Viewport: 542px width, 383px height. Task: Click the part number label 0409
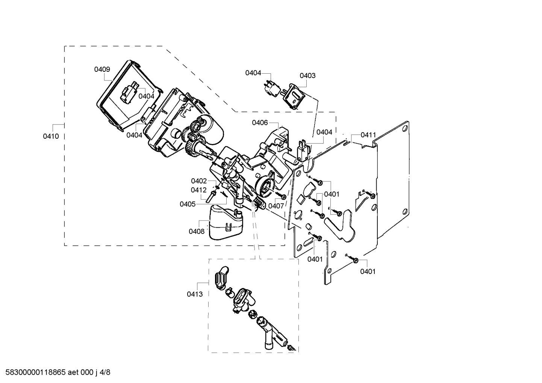[x=102, y=69]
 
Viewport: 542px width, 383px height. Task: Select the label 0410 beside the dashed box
[x=51, y=136]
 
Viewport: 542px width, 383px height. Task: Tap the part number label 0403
[x=307, y=76]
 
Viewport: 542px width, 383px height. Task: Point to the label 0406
[x=260, y=123]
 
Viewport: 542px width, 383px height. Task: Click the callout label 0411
[x=368, y=135]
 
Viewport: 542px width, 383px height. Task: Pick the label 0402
[x=198, y=181]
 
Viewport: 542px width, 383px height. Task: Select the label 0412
[x=198, y=190]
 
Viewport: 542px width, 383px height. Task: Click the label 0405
[x=187, y=204]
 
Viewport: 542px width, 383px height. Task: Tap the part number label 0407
[x=276, y=206]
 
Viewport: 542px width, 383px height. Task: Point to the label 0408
[x=197, y=231]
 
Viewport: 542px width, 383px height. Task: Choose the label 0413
[x=195, y=294]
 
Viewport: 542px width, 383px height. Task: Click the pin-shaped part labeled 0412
[x=212, y=195]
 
